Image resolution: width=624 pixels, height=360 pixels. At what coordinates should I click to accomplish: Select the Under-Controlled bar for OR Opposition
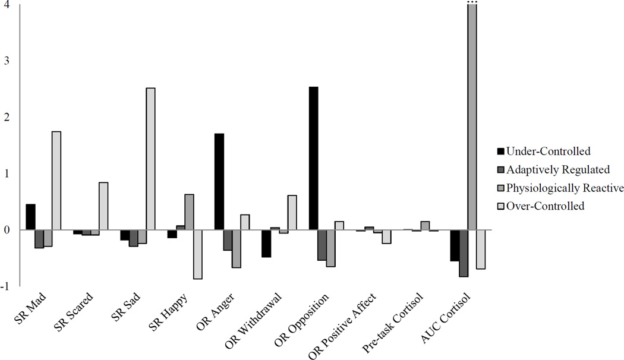click(314, 158)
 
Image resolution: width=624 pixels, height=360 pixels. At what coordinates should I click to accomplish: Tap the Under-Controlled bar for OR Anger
click(219, 182)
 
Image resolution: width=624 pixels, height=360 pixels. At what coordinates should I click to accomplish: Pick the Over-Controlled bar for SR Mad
click(56, 181)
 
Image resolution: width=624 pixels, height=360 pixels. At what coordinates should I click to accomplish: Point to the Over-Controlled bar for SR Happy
click(198, 254)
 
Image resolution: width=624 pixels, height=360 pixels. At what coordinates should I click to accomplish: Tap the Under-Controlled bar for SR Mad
click(30, 217)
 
